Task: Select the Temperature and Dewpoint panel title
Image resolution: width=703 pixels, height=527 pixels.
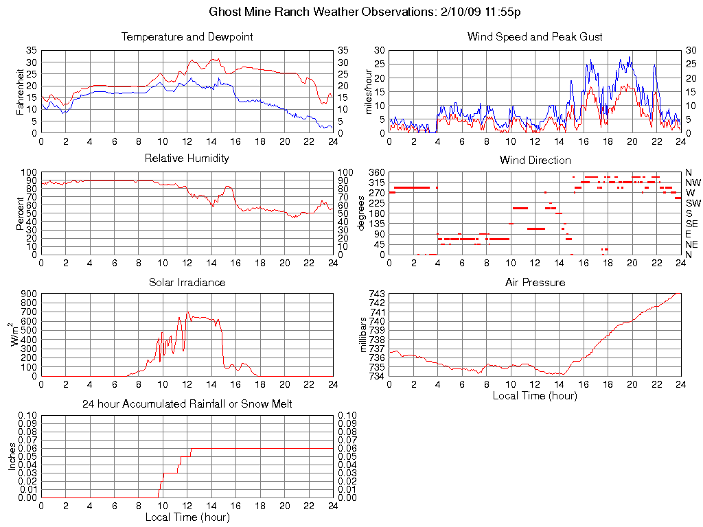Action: [x=187, y=36]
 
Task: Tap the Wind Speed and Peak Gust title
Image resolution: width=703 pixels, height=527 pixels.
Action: [x=535, y=36]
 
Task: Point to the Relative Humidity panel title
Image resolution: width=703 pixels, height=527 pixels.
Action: [x=187, y=159]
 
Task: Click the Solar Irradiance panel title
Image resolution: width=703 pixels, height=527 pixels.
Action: [x=187, y=282]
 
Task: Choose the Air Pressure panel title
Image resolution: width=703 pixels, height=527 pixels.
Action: [x=535, y=282]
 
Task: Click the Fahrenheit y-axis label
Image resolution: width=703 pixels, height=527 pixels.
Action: [x=20, y=91]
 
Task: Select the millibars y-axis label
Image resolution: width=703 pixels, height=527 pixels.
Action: [x=364, y=335]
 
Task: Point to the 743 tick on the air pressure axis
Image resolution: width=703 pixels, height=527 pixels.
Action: [x=377, y=294]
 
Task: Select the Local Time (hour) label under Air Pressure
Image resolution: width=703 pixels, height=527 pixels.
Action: [x=535, y=395]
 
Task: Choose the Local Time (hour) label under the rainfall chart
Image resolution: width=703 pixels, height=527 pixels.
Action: [x=187, y=517]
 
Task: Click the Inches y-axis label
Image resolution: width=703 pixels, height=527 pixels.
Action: [x=12, y=456]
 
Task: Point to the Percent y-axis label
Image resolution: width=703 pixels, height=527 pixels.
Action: [x=20, y=213]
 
